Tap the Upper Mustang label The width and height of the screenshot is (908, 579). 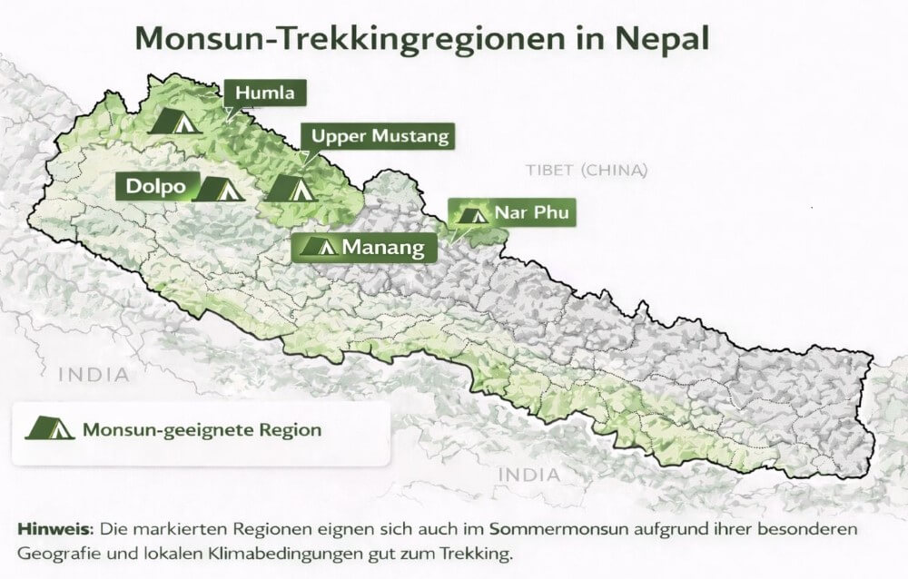(x=380, y=137)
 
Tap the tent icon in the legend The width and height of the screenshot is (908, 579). (x=49, y=428)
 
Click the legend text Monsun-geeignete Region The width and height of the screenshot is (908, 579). (x=202, y=429)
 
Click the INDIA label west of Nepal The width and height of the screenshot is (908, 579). (x=94, y=374)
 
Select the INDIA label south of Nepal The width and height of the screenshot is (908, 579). (x=528, y=474)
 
